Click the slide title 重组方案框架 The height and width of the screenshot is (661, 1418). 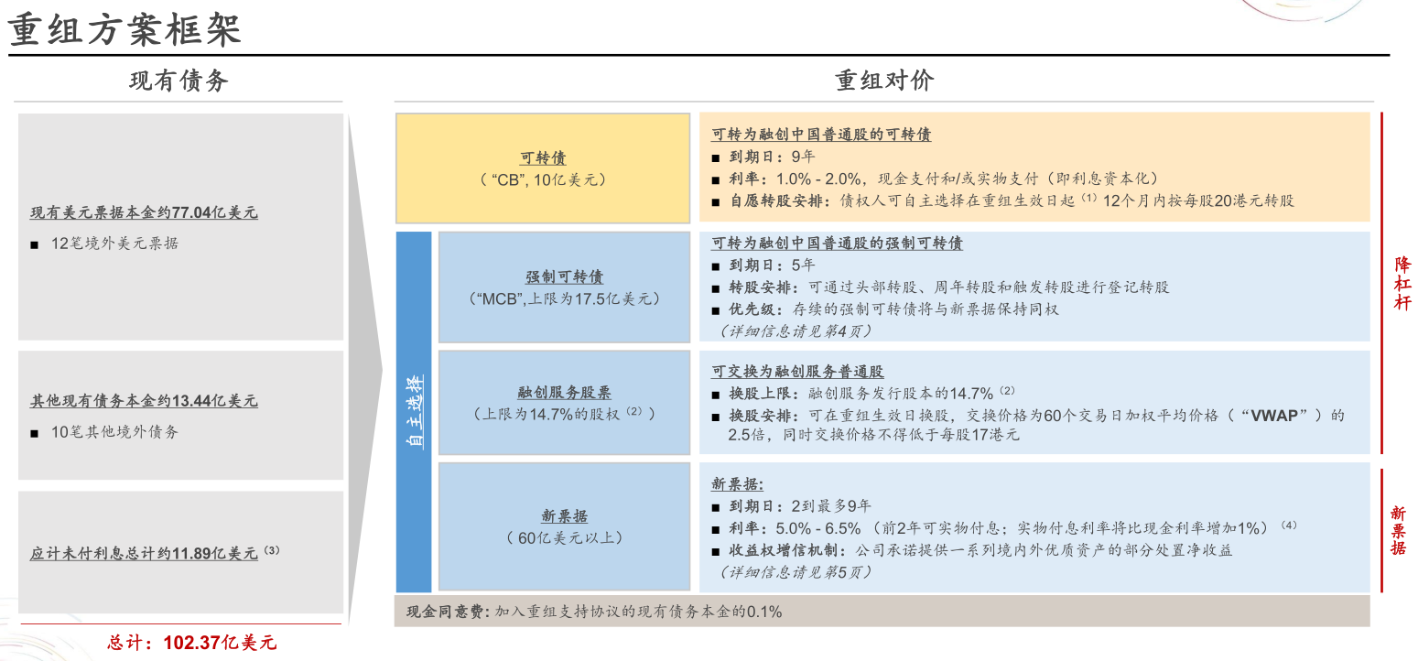click(125, 30)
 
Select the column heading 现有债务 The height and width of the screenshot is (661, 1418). click(179, 81)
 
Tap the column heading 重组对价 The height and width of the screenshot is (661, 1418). click(884, 81)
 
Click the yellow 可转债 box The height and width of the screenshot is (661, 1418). click(543, 168)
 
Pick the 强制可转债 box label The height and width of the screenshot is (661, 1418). click(564, 276)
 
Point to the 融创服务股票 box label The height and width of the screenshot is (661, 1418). click(564, 392)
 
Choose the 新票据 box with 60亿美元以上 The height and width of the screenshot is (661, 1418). click(564, 526)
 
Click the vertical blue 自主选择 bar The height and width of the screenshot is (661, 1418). click(414, 412)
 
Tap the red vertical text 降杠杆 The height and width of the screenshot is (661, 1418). click(1402, 284)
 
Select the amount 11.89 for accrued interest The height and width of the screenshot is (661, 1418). click(191, 554)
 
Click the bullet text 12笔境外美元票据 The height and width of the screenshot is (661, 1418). click(114, 244)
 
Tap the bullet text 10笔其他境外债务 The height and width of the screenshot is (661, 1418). click(114, 431)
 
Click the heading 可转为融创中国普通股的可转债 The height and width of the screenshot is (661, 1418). click(821, 135)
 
